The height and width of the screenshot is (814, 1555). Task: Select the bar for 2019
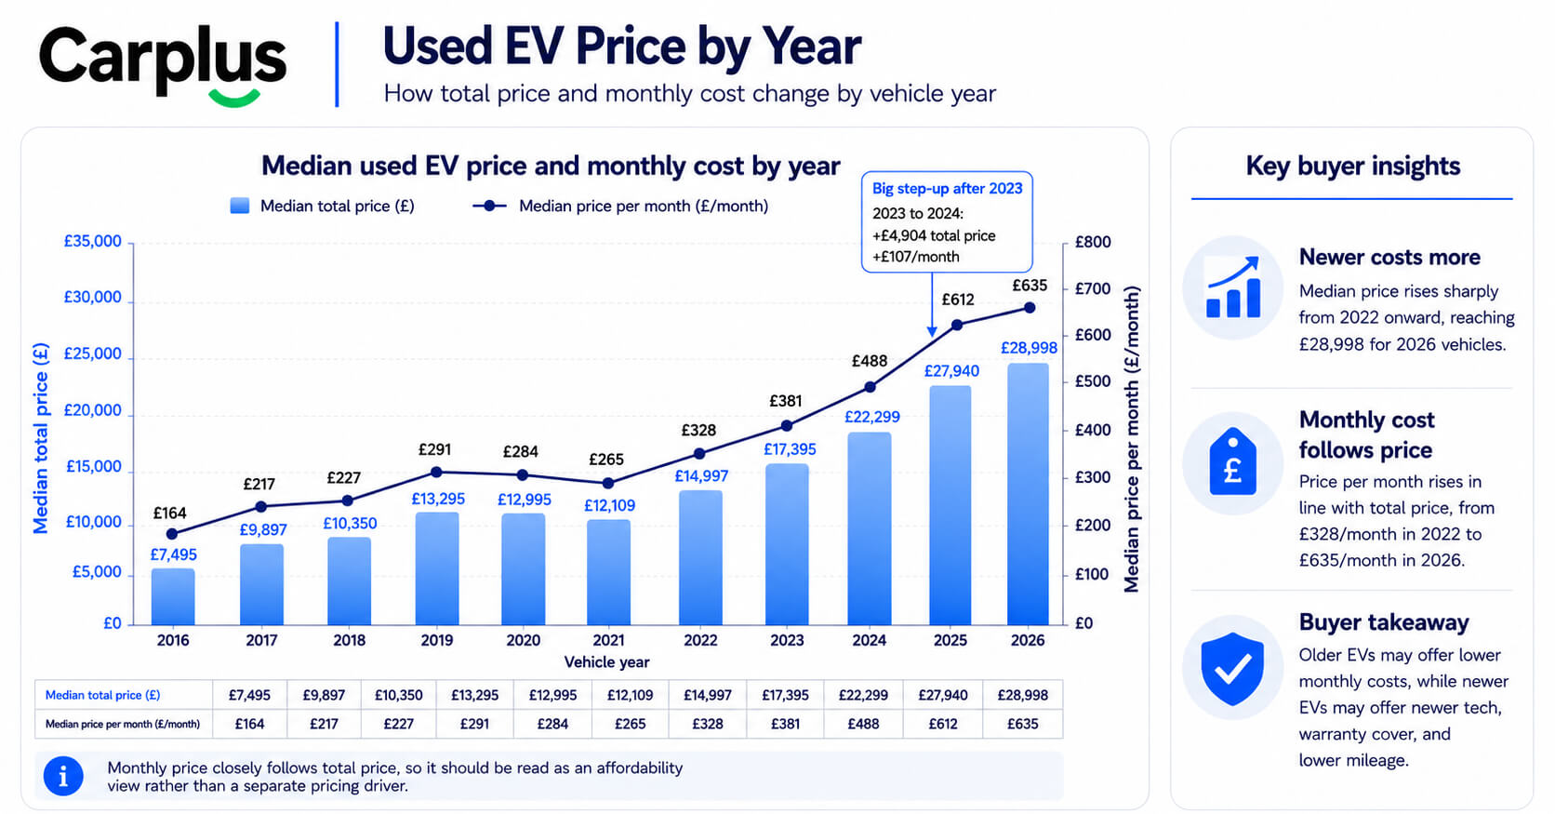pos(437,568)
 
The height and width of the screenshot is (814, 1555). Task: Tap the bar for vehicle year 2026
pos(1028,494)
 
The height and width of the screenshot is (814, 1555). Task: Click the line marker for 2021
pos(608,483)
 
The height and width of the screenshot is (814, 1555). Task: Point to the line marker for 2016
pos(172,533)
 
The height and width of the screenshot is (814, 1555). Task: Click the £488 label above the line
pos(870,361)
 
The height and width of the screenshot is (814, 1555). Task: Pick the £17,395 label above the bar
pos(790,449)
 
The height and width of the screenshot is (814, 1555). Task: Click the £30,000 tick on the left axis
pos(92,298)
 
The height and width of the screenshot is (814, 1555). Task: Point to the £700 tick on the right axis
pos(1093,288)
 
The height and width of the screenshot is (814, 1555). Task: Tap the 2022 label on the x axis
pos(700,640)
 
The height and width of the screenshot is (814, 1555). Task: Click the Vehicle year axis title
pos(606,661)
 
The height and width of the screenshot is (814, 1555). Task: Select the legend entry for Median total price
pos(322,206)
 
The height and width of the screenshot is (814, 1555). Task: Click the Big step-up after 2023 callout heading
pos(947,188)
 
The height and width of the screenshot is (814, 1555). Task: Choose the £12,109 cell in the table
pos(630,695)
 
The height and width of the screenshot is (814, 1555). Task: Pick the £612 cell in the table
pos(943,724)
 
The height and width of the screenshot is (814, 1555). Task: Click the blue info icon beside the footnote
pos(63,776)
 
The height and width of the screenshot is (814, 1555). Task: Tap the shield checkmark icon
pos(1232,668)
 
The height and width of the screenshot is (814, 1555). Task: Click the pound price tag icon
pos(1232,461)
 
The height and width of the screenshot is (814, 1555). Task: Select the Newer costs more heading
pos(1389,257)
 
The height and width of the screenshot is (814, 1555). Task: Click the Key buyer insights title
pos(1353,166)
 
